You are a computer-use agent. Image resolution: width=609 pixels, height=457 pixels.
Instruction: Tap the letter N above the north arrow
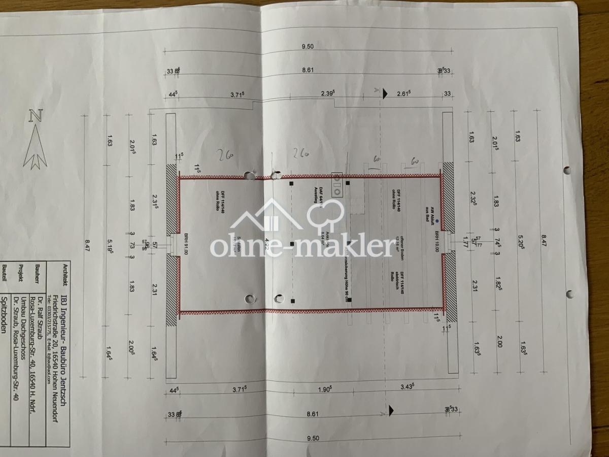pos(35,115)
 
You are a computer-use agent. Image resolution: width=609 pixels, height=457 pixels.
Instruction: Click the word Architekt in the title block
pos(64,275)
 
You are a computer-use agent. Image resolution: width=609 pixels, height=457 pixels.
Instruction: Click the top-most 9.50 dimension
pos(308,47)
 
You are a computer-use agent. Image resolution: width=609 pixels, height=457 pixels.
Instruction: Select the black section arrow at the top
pos(385,92)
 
